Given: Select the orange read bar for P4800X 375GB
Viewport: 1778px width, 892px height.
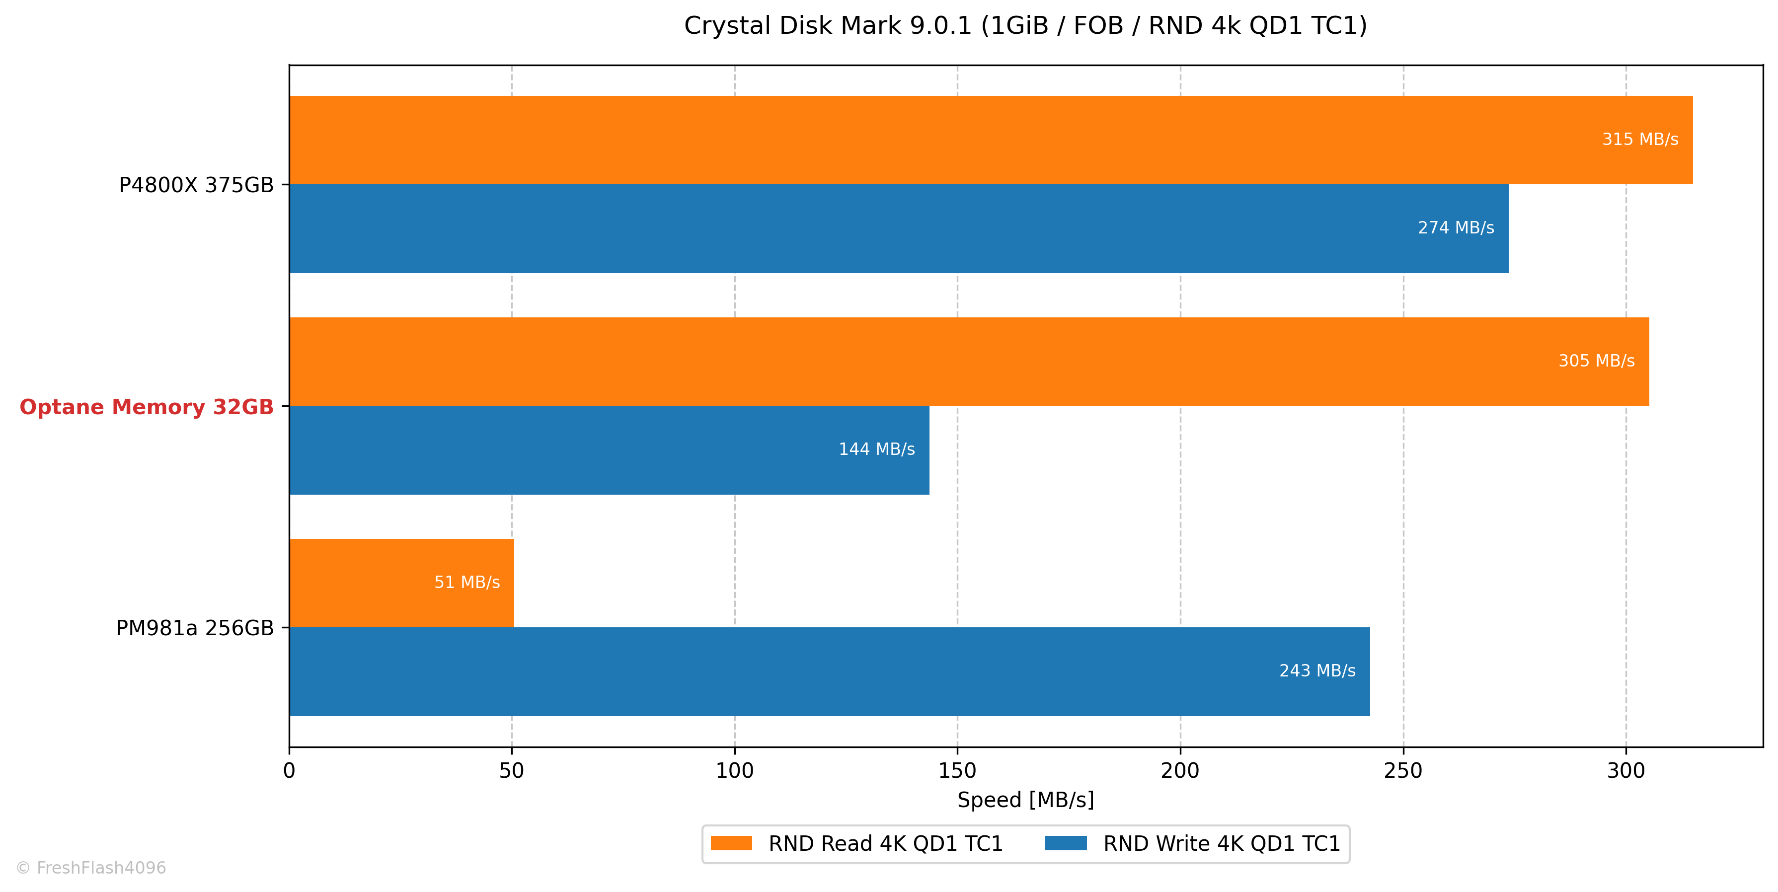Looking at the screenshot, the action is pos(991,140).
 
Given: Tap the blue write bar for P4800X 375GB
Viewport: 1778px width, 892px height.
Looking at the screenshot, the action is pos(899,228).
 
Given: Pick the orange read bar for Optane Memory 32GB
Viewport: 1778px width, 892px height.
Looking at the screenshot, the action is pos(969,362).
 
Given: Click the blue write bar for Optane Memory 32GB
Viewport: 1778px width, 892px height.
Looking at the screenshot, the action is pos(610,450).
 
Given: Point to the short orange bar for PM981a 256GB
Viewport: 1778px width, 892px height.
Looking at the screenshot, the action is pos(402,583).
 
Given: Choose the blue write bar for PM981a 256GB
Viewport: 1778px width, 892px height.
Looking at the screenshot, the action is pos(830,671).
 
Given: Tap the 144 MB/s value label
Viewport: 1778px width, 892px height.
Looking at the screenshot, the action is pos(876,449).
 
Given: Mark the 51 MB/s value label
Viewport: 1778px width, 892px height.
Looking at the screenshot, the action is pos(467,582).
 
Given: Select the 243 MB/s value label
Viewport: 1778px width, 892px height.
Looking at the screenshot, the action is pos(1317,670).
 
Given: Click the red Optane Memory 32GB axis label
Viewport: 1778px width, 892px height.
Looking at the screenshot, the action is pos(147,407).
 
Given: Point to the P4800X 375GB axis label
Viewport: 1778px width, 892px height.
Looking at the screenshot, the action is pos(196,185).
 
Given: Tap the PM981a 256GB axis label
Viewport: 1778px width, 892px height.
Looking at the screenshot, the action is pos(195,628).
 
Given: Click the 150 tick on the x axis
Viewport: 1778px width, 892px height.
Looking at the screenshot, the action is pos(957,771).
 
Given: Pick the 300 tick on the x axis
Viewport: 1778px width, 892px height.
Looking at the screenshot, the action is pos(1626,771).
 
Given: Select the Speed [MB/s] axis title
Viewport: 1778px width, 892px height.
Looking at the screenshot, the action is pos(1026,800).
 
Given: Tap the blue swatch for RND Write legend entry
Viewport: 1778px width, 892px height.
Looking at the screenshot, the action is pos(1067,843).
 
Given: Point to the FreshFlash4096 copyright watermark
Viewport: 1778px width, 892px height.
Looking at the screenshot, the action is pos(91,868).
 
